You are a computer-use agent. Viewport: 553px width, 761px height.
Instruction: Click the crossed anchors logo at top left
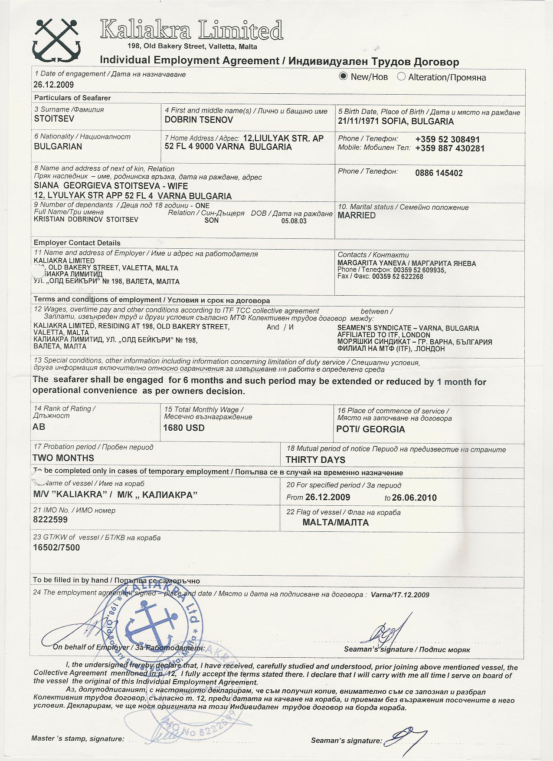click(x=56, y=40)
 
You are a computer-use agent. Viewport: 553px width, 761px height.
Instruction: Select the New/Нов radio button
click(x=344, y=77)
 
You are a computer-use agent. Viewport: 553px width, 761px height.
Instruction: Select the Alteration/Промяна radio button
click(x=401, y=77)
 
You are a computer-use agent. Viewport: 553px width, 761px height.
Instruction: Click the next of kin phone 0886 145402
click(x=439, y=173)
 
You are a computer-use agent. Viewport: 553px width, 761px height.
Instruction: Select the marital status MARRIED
click(x=357, y=215)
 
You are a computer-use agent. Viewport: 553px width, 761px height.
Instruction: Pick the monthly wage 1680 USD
click(x=184, y=428)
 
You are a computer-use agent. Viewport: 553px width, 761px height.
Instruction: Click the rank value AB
click(x=39, y=427)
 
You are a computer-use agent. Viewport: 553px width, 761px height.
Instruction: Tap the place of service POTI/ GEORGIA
click(x=371, y=429)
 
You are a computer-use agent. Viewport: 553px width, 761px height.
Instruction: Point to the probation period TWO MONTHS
click(x=63, y=458)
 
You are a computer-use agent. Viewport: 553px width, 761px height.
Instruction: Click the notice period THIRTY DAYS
click(x=315, y=460)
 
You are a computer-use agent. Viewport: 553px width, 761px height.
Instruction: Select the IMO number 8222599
click(x=50, y=519)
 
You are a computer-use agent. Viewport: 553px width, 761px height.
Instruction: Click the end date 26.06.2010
click(x=415, y=497)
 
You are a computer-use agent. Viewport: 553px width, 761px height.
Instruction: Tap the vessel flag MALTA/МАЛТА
click(x=336, y=522)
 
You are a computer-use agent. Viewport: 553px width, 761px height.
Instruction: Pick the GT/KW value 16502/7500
click(x=56, y=547)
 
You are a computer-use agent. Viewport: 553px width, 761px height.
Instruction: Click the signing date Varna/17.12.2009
click(x=400, y=595)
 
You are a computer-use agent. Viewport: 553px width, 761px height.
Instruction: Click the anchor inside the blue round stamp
click(x=150, y=624)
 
